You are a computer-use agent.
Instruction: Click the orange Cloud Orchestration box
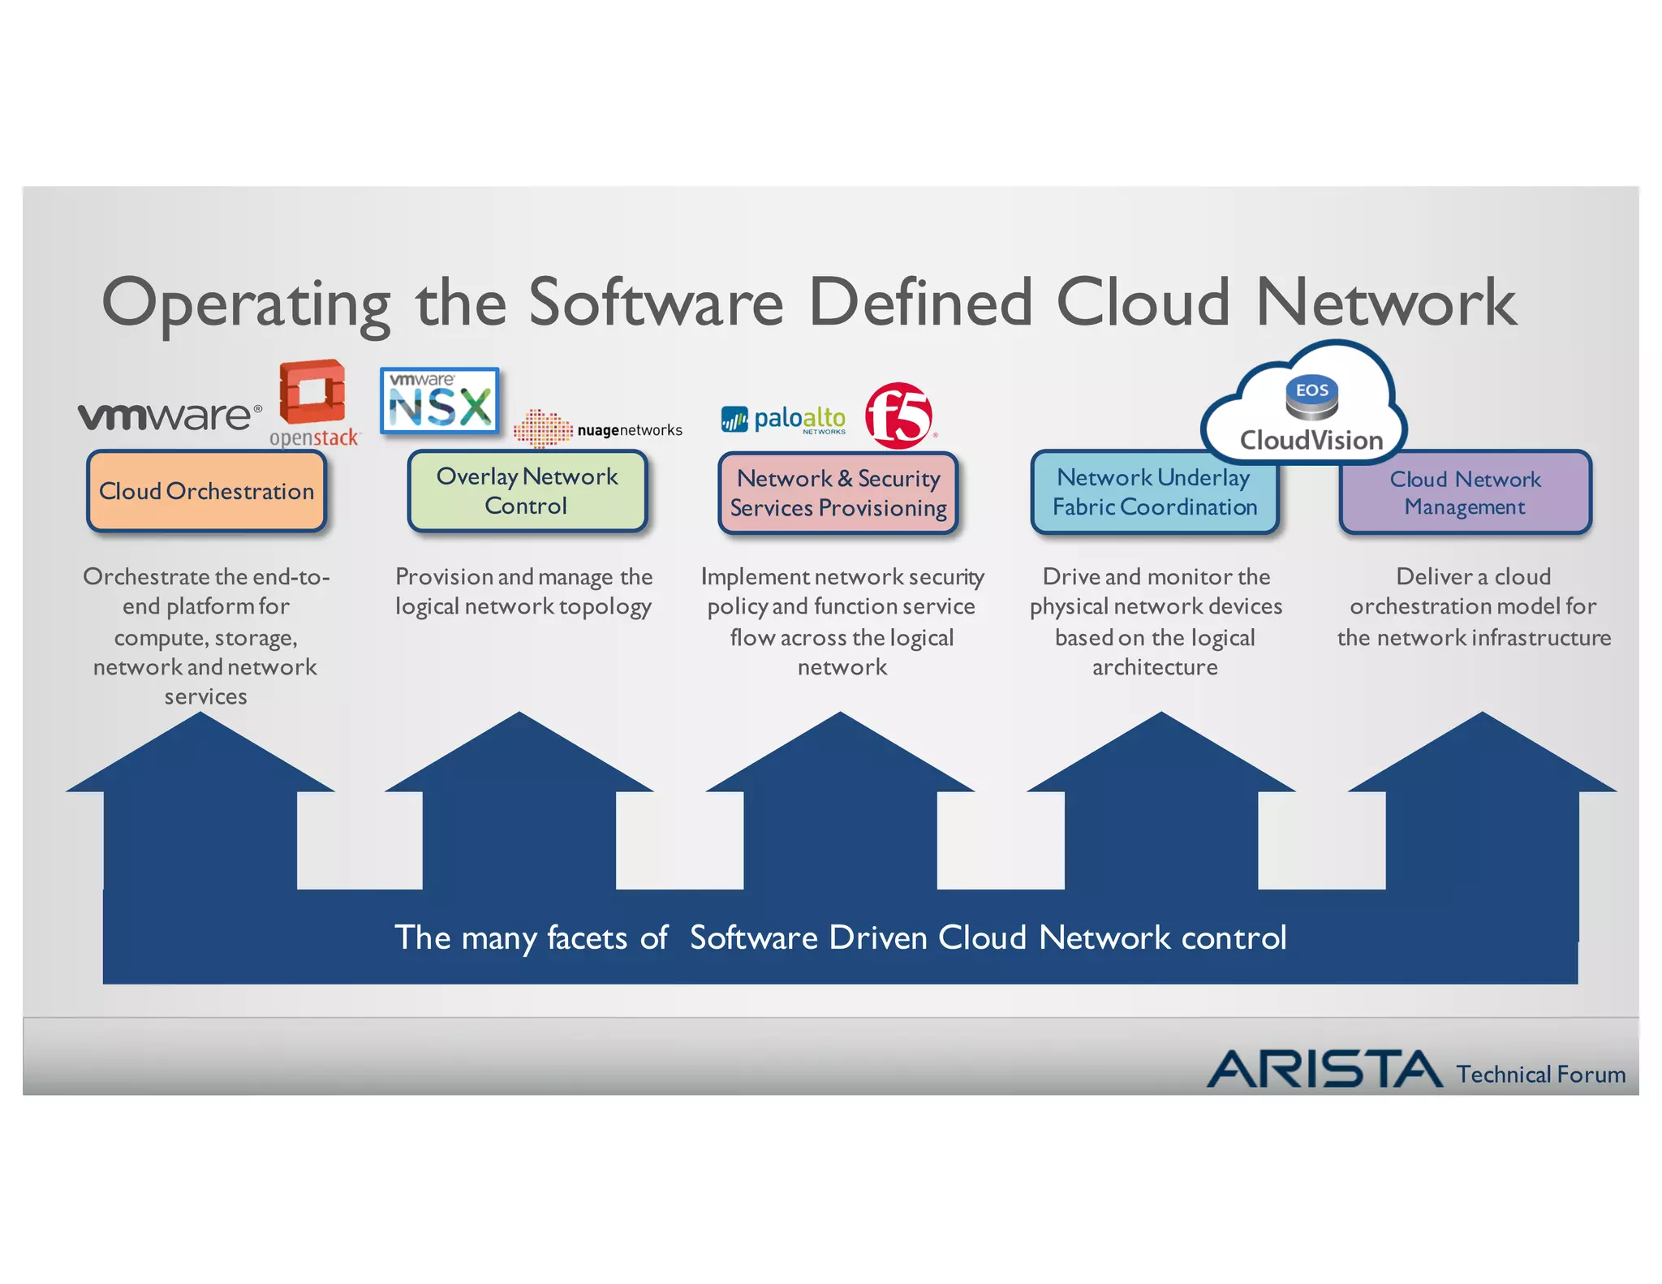click(x=206, y=491)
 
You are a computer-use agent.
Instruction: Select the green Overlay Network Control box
click(x=527, y=491)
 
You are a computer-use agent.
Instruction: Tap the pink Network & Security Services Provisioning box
click(x=838, y=493)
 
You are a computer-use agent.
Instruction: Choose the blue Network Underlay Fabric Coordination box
click(x=1154, y=493)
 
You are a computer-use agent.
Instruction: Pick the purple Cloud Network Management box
click(x=1465, y=493)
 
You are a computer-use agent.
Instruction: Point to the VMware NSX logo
click(x=440, y=400)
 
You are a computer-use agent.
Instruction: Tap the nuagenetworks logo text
click(x=629, y=430)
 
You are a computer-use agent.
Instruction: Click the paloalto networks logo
click(x=784, y=419)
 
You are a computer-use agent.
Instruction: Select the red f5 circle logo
click(x=898, y=416)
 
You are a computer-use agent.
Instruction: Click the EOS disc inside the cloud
click(x=1311, y=397)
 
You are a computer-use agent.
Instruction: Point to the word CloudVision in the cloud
click(x=1311, y=440)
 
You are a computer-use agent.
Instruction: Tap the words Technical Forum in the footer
click(x=1540, y=1074)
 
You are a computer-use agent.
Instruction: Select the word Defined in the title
click(x=921, y=302)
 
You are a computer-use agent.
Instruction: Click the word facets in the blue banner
click(x=587, y=937)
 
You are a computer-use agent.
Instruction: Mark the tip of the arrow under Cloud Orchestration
click(x=200, y=714)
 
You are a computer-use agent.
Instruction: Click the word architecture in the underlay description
click(x=1154, y=667)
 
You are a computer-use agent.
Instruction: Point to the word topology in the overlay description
click(x=605, y=607)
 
